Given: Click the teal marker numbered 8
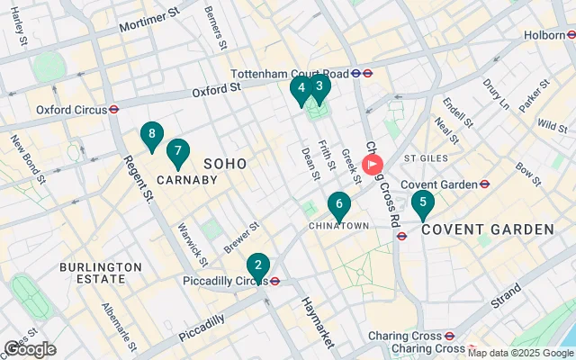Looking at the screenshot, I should click(151, 135).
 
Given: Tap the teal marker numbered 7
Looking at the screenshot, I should click(178, 151).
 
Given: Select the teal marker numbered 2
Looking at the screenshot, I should click(258, 265).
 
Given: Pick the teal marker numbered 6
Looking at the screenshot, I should click(338, 204).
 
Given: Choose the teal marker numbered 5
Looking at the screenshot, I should click(423, 202).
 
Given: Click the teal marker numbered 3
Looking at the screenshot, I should click(319, 87).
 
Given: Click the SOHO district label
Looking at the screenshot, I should click(225, 162).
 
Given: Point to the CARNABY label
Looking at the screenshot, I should click(187, 180).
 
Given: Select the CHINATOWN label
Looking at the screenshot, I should click(338, 226).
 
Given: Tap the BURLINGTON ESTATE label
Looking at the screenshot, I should click(101, 274).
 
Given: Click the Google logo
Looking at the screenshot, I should click(30, 349).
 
